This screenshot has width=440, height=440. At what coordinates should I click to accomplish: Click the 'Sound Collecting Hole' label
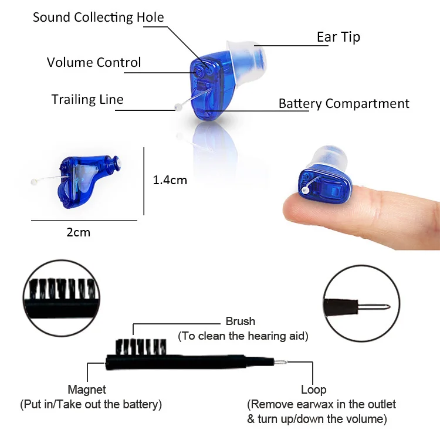point(98,17)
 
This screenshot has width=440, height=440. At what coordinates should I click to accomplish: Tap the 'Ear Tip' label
point(338,37)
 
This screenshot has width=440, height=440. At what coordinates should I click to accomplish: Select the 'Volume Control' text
point(94,62)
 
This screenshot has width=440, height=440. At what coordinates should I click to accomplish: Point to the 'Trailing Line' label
point(87,99)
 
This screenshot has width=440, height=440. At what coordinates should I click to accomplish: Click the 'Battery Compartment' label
point(344,104)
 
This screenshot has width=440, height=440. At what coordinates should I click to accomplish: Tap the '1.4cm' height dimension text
point(170,180)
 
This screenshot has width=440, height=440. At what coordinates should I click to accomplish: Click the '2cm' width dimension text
point(78,232)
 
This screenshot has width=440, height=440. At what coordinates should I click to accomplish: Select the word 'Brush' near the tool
point(241,321)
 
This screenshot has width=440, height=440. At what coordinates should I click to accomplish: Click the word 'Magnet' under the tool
point(87,390)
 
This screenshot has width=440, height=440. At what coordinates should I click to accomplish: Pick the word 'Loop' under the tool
point(313,390)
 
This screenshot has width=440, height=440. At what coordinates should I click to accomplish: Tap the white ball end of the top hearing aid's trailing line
point(177,107)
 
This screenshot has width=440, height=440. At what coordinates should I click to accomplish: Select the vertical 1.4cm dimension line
point(144,181)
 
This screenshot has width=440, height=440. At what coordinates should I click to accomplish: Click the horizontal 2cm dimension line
point(84,221)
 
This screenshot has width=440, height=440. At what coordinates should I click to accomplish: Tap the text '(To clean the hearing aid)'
point(243,336)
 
